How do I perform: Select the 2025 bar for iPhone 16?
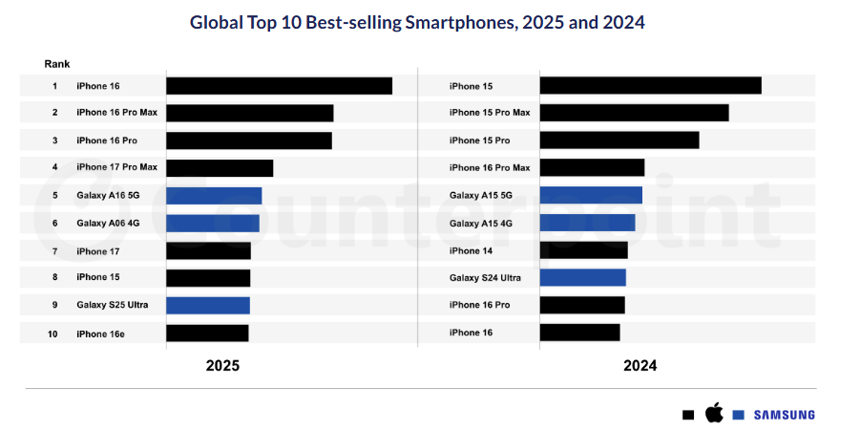coord(279,86)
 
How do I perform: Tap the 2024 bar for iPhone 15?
coord(650,86)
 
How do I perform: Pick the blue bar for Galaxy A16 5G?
coord(214,196)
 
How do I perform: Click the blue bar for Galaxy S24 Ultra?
coord(582,278)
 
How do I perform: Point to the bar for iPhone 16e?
coord(207,334)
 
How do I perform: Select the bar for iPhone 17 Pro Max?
coord(220,168)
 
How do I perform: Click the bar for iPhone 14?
coord(583,250)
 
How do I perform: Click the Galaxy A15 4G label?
coord(481,224)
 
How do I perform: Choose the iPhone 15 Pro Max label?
coord(490,113)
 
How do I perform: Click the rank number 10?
coord(53,334)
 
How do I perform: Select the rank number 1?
coord(54,86)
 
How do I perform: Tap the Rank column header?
coord(56,64)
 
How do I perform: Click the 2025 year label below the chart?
coord(222,366)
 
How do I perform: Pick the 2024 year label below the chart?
coord(640,366)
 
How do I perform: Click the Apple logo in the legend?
coord(713,413)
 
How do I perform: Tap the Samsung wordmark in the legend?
coord(784,415)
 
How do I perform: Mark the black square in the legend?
coord(688,416)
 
